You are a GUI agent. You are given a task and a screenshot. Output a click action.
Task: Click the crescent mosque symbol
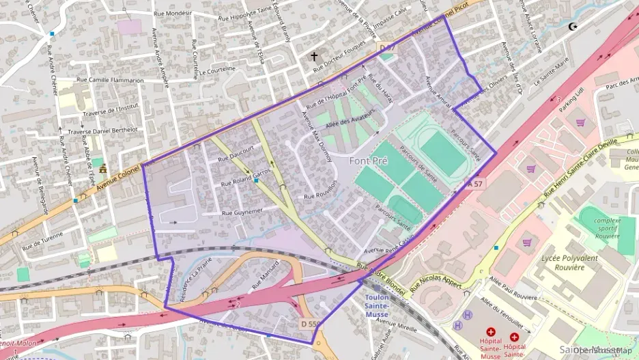[x=573, y=27]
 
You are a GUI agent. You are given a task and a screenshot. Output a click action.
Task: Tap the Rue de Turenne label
[x=42, y=238]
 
